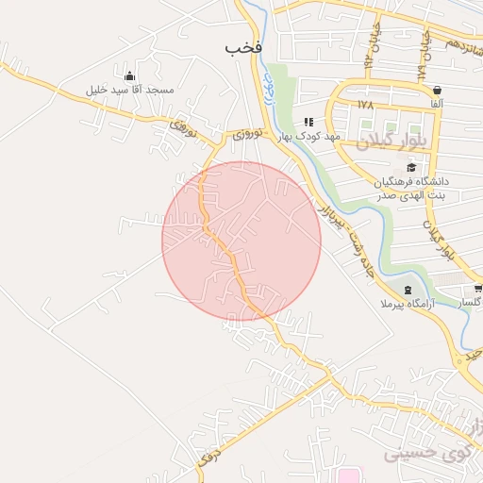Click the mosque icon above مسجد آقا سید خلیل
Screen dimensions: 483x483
[129, 75]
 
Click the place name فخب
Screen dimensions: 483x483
[243, 46]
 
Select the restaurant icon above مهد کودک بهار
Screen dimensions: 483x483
[308, 122]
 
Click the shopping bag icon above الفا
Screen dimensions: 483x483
[436, 90]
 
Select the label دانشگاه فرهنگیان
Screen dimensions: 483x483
[414, 179]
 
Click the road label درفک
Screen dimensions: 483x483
[210, 458]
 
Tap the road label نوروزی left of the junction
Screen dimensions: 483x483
[183, 128]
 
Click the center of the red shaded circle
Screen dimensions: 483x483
[241, 241]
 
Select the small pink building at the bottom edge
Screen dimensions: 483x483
[350, 475]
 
